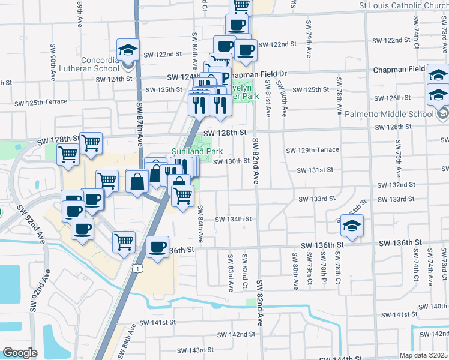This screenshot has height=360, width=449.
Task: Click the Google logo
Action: pos(20,353)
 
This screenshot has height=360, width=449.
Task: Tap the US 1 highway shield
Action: pos(139,269)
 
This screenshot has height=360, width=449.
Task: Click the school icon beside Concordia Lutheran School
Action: pos(128,50)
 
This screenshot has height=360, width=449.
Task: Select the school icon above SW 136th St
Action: pos(352,226)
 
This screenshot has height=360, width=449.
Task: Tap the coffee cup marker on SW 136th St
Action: pos(158,247)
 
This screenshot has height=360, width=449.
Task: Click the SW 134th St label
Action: pos(233,219)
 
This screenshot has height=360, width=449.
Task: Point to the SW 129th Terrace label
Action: pos(312,150)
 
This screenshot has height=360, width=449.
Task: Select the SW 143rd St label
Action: pos(192,350)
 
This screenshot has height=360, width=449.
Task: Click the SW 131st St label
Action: pos(317,170)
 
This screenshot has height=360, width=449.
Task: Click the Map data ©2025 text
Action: pos(423,355)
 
